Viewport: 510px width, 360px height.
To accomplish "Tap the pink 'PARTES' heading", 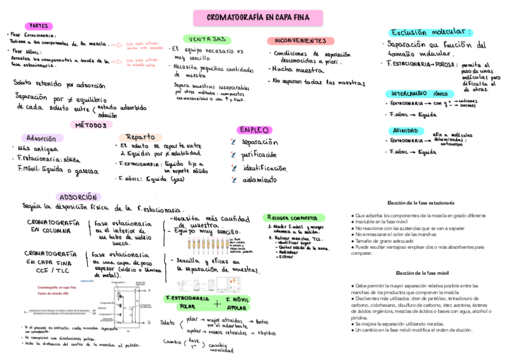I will click(40, 26).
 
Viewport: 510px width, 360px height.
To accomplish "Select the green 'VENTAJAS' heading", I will click(206, 39).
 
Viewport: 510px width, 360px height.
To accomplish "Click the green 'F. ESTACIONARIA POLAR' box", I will click(187, 302).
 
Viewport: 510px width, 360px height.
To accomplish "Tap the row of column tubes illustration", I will click(207, 244).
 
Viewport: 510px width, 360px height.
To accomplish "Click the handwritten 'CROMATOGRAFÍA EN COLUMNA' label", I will click(53, 226).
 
